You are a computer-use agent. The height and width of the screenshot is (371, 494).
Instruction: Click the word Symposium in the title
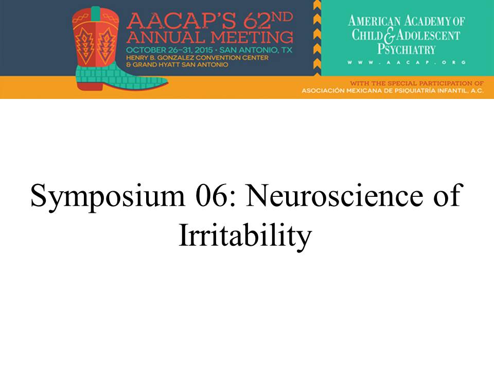(108, 197)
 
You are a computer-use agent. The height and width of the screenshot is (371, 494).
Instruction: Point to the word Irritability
(245, 236)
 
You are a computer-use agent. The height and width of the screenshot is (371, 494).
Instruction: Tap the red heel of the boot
(90, 86)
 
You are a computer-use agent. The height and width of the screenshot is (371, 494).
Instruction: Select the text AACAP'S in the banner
(181, 21)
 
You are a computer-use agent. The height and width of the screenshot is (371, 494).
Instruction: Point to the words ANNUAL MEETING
(210, 37)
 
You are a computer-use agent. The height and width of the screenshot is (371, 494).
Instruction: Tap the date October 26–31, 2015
(169, 50)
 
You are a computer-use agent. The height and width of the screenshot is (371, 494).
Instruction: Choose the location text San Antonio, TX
(256, 50)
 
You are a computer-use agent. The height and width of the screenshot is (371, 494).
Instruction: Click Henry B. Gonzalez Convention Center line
(197, 58)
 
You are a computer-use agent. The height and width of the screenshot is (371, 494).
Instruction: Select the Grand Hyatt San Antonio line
(177, 65)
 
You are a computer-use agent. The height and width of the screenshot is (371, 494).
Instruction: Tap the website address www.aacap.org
(407, 62)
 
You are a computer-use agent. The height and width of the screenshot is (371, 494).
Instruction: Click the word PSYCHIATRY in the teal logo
(407, 49)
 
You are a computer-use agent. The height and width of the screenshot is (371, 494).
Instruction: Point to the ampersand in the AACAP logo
(390, 36)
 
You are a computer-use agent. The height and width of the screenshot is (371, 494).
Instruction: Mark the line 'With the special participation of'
(416, 83)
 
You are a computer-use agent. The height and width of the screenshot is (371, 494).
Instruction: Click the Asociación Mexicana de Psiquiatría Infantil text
(393, 91)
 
